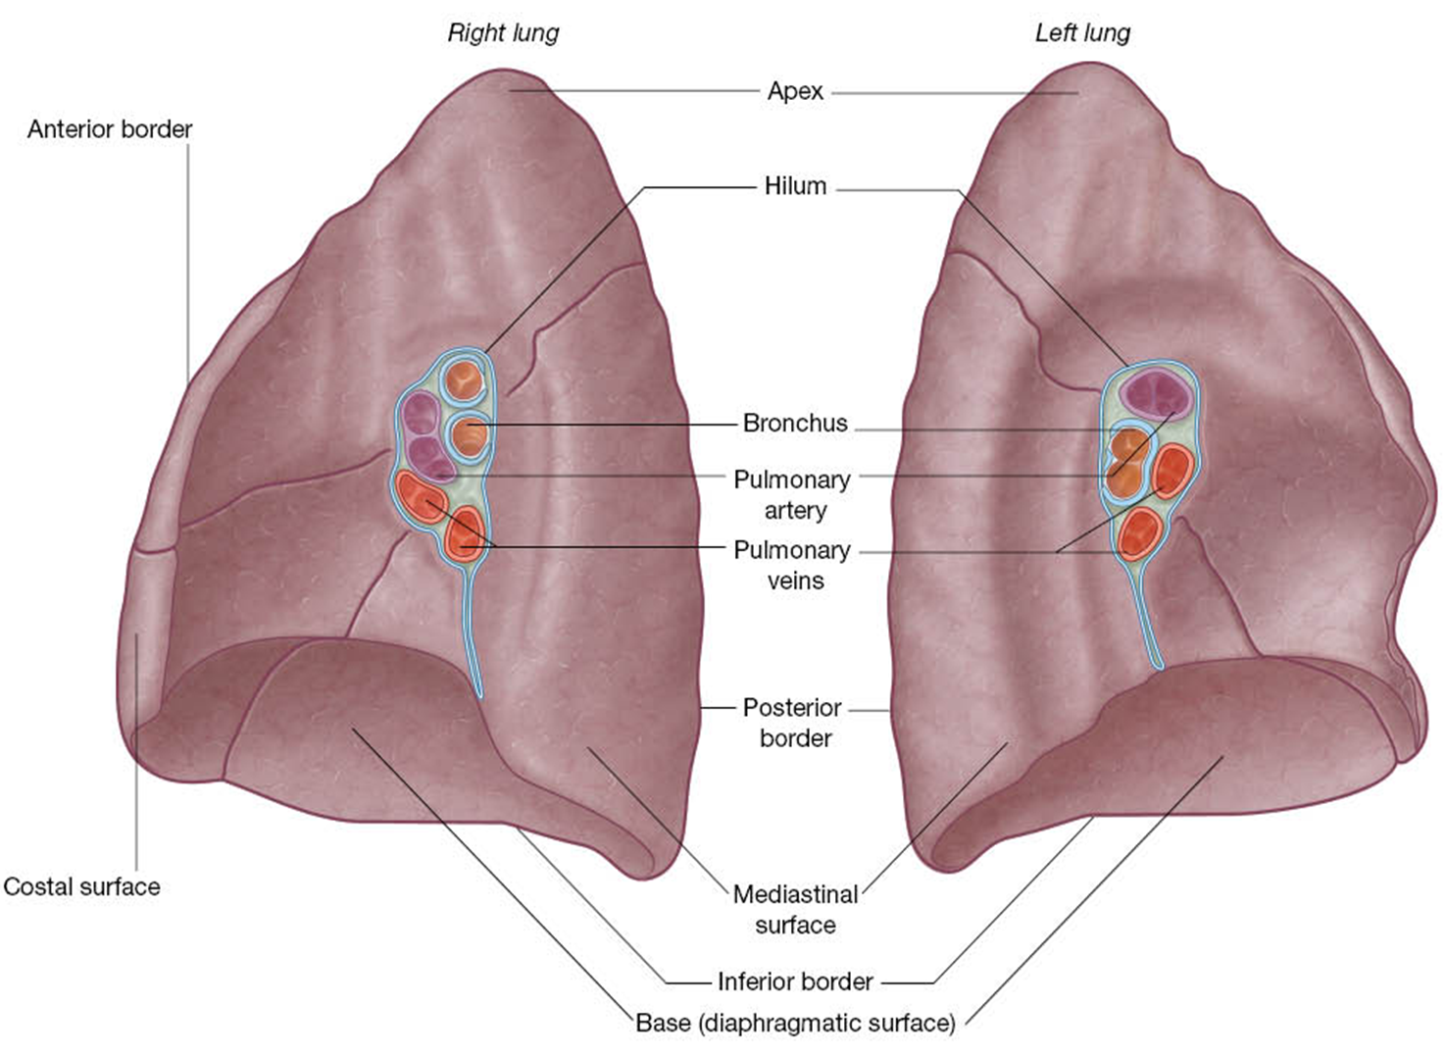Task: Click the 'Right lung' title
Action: point(503,32)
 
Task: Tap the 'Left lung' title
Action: point(1082,32)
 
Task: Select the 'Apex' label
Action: point(795,91)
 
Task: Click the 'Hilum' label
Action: point(795,185)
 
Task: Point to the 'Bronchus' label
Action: point(795,423)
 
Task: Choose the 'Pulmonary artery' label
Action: point(792,494)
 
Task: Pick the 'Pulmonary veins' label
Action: point(792,565)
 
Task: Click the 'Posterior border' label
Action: point(792,722)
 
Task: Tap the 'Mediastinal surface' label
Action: point(795,909)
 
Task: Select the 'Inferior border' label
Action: point(795,981)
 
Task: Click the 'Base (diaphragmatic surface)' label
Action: point(795,1023)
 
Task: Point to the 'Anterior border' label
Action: point(110,128)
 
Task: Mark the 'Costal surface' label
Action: point(81,886)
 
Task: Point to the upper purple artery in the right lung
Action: point(420,412)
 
